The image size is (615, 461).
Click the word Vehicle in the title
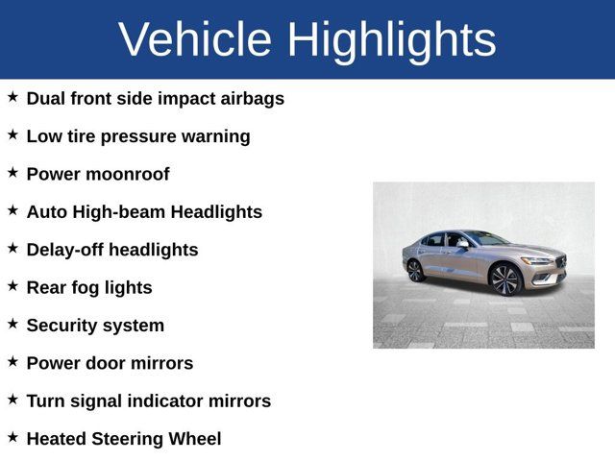196,39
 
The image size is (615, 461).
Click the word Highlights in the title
391,39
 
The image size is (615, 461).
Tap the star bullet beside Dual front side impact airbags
12,97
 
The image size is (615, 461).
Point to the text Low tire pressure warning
138,136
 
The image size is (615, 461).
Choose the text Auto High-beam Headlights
144,212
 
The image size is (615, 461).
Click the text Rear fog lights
89,287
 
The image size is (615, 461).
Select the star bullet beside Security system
12,324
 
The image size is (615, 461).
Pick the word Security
61,326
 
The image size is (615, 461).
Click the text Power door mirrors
110,363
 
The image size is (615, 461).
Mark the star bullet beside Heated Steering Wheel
12,437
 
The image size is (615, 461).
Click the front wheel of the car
504,279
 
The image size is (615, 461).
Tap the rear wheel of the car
415,270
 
